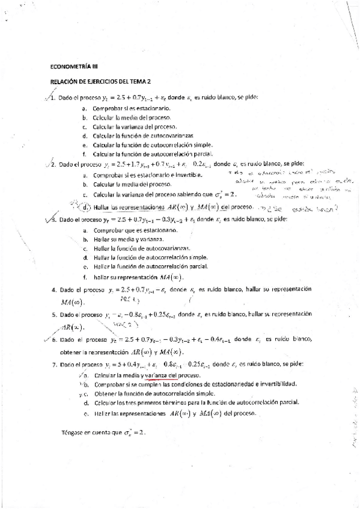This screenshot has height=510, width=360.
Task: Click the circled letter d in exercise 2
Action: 87,207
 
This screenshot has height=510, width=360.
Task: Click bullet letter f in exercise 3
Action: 85,277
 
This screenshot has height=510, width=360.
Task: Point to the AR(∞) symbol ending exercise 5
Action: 73,327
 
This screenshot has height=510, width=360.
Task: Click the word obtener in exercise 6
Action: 71,352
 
